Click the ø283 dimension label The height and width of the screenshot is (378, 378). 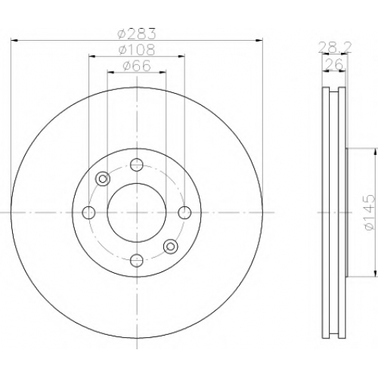[x=137, y=33]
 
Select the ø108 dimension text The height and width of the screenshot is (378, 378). [x=137, y=50]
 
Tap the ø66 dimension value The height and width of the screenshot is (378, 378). [x=137, y=66]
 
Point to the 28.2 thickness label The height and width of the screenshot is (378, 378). [x=334, y=48]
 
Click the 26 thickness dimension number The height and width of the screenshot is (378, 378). [x=334, y=64]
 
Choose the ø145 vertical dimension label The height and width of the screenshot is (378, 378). [x=368, y=212]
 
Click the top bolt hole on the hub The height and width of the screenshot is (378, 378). [x=137, y=165]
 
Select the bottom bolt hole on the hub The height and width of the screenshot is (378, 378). [x=137, y=260]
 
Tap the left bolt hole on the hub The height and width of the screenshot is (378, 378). [x=88, y=212]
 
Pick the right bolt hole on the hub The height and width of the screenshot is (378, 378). [x=184, y=212]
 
